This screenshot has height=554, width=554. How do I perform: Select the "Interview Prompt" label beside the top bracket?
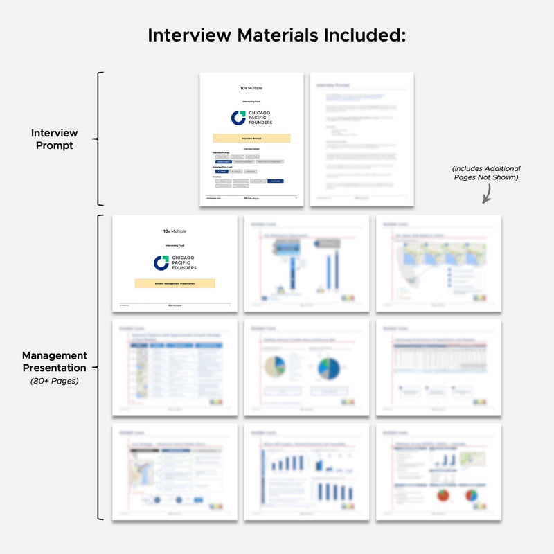click(55, 139)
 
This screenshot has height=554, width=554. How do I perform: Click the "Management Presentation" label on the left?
click(53, 362)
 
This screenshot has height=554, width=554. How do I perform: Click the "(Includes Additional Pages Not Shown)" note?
click(486, 173)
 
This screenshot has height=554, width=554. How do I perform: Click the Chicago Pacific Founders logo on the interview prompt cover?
click(251, 118)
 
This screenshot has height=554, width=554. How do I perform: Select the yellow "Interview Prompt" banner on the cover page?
click(251, 138)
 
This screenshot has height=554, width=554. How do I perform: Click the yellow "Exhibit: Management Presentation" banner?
click(175, 283)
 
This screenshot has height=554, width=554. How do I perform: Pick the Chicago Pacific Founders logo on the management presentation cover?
click(175, 262)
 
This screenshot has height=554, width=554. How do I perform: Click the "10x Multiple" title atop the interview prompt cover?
click(251, 88)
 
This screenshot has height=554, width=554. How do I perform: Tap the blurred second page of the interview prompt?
click(362, 138)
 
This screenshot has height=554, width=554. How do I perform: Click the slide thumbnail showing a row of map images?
click(438, 262)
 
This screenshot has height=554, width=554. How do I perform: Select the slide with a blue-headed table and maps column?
click(175, 367)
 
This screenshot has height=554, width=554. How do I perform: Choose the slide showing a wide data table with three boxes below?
click(438, 367)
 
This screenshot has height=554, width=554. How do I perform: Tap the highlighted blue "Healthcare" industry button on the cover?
click(275, 181)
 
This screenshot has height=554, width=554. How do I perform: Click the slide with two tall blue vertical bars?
click(307, 262)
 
